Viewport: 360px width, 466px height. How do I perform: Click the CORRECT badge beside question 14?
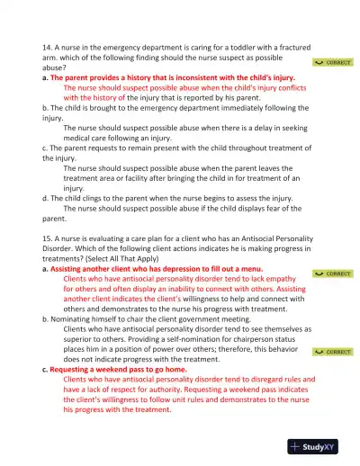tap(333, 63)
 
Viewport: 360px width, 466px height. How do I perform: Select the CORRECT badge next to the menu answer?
tap(333, 273)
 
